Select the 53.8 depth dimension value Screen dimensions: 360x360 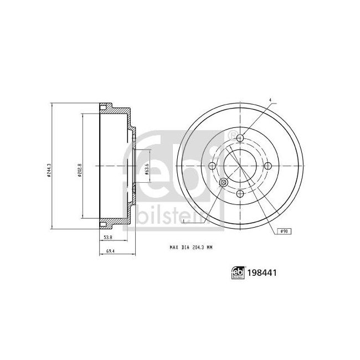[x=108, y=237]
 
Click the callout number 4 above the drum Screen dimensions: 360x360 [x=270, y=100]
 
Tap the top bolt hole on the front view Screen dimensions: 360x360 [x=240, y=138]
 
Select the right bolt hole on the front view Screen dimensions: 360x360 [x=268, y=166]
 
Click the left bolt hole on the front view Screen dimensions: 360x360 [x=212, y=166]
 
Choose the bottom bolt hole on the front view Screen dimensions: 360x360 [x=240, y=194]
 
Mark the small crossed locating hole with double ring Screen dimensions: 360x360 [x=224, y=183]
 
